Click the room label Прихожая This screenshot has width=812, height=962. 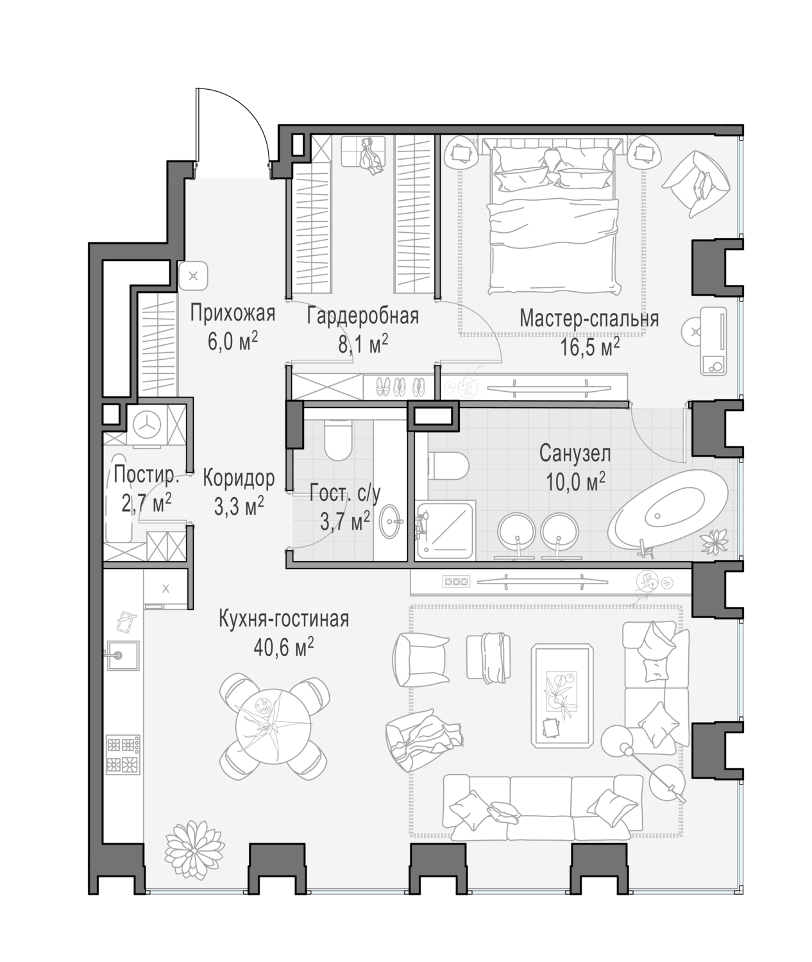[233, 314]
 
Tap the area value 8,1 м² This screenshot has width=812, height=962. [363, 344]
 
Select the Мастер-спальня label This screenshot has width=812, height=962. [589, 319]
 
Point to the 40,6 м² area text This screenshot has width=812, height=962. [284, 648]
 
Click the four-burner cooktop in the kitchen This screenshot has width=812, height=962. [123, 754]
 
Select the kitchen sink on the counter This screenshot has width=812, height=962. [121, 655]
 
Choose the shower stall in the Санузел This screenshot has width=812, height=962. [444, 531]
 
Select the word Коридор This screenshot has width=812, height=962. [239, 478]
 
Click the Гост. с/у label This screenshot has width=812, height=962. [345, 494]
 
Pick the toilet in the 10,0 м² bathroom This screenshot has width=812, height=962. [448, 466]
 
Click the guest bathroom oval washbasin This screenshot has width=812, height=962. [391, 521]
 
